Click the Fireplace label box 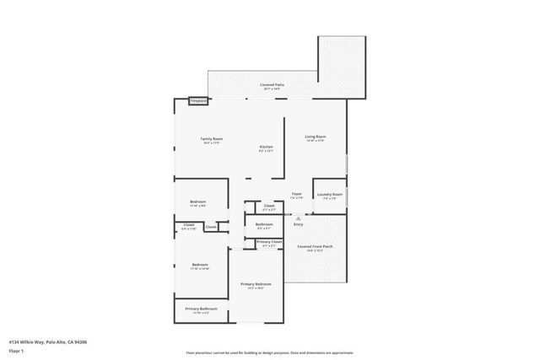tap(198, 101)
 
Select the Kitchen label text tap(266, 148)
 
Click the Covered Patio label tap(272, 85)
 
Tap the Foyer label tap(297, 195)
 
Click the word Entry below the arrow tap(298, 224)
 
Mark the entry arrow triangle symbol tap(298, 217)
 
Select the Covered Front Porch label tap(315, 246)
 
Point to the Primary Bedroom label tap(256, 284)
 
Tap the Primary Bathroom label tap(201, 309)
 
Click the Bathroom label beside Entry tap(262, 223)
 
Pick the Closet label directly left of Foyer tap(269, 206)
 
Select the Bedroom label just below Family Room tap(197, 202)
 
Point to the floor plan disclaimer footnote tap(270, 353)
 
